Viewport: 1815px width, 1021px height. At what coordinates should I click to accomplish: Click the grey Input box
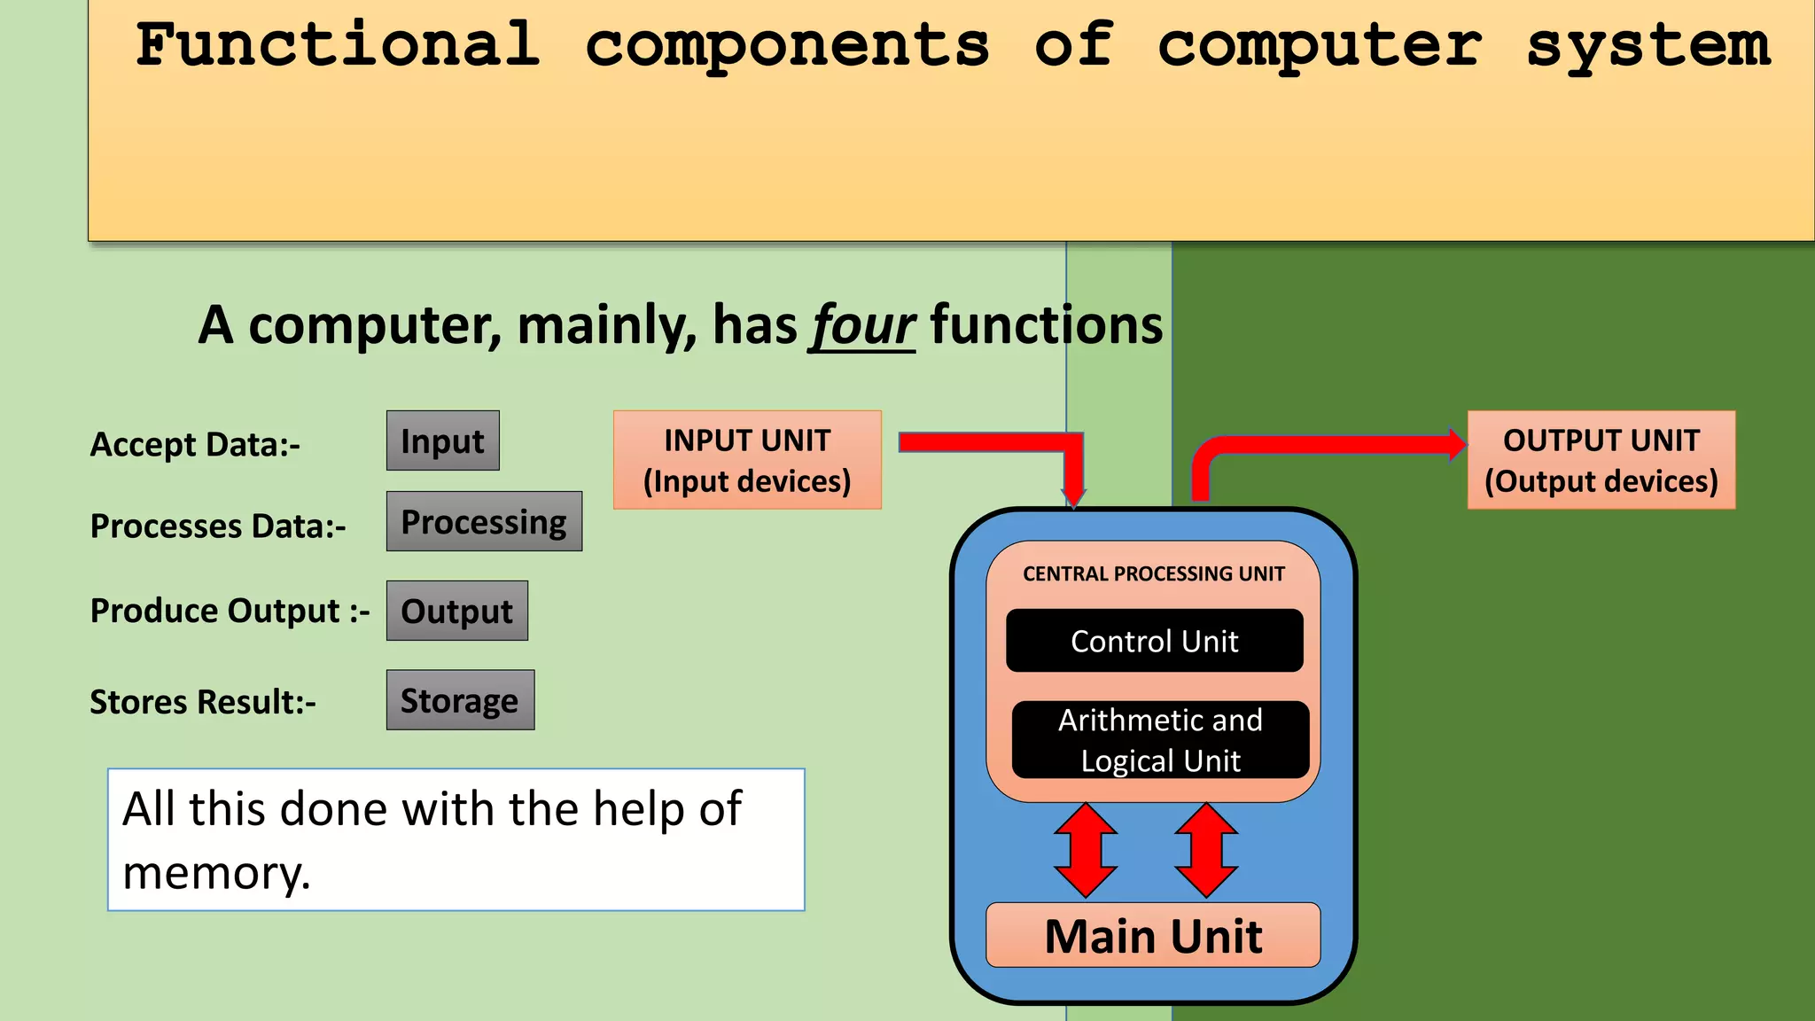click(x=442, y=440)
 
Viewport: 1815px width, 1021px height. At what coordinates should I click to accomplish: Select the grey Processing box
click(x=484, y=521)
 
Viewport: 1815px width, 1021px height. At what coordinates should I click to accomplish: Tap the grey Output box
click(x=456, y=611)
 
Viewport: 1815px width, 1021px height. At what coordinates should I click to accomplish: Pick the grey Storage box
click(x=460, y=700)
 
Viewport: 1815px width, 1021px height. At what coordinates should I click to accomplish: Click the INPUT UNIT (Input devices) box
click(x=747, y=460)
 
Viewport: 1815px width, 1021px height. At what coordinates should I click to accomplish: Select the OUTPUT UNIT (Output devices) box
click(x=1601, y=460)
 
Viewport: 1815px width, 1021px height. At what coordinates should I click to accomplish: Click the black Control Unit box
click(x=1154, y=641)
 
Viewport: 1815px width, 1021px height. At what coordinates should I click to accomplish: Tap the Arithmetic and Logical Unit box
click(x=1160, y=740)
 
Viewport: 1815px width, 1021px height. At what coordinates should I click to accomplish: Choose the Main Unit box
click(x=1153, y=935)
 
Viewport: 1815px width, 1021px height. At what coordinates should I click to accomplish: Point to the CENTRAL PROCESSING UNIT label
click(x=1153, y=573)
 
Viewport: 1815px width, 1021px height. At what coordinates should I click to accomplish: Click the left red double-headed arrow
click(x=1086, y=850)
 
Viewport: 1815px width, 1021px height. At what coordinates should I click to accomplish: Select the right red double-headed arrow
click(x=1206, y=850)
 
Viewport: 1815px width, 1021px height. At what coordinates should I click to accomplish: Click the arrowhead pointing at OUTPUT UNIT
click(x=1456, y=444)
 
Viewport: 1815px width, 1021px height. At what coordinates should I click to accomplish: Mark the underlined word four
click(x=862, y=325)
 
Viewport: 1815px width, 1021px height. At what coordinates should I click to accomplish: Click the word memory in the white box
click(x=216, y=874)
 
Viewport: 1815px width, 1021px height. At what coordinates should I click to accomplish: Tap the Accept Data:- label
click(x=195, y=444)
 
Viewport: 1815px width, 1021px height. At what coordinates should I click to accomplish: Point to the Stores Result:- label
click(x=203, y=702)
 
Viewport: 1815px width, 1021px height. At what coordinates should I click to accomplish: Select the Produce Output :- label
click(x=230, y=611)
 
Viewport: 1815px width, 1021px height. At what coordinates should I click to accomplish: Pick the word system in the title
click(x=1648, y=46)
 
